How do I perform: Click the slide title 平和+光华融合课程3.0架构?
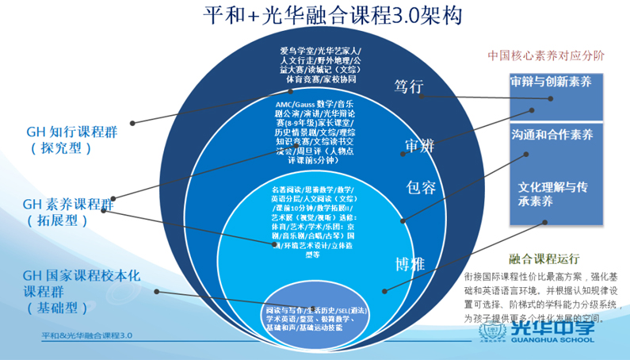[332, 16]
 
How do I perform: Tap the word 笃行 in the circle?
[410, 86]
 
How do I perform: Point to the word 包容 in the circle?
[421, 187]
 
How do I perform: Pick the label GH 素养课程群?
[69, 201]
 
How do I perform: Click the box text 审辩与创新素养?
[551, 81]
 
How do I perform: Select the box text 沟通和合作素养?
[552, 135]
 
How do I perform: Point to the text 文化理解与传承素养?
[552, 194]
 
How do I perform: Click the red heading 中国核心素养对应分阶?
[546, 56]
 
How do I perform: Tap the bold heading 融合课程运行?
[546, 259]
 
